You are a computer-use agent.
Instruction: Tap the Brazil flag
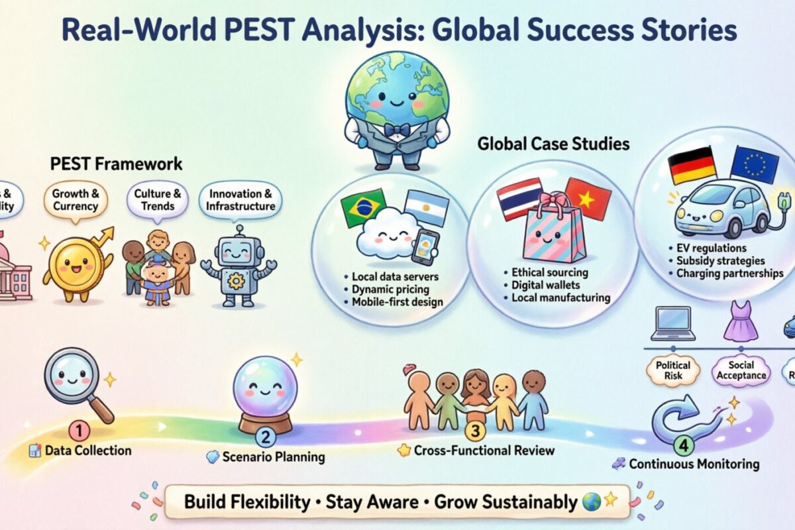(x=363, y=208)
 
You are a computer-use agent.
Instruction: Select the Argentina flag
(x=427, y=208)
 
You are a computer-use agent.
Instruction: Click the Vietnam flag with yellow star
(x=588, y=199)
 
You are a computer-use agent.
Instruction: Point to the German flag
(x=692, y=165)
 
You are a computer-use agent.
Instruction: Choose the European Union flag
(x=754, y=164)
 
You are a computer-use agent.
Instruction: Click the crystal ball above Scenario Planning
(x=266, y=390)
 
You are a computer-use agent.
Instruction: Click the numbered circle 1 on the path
(x=79, y=431)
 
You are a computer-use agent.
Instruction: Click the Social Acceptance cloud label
(x=741, y=370)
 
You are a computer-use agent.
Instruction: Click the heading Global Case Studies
(x=553, y=144)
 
